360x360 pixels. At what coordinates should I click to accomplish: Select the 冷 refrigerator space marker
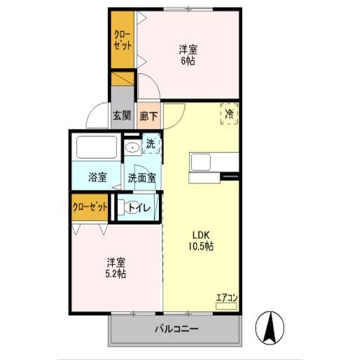(x=229, y=114)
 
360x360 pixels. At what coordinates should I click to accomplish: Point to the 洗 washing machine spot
(x=150, y=143)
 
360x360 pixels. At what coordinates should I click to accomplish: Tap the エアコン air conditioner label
(x=227, y=298)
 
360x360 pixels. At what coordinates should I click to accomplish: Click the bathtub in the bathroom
(x=96, y=148)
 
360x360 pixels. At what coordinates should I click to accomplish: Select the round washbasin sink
(x=133, y=148)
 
